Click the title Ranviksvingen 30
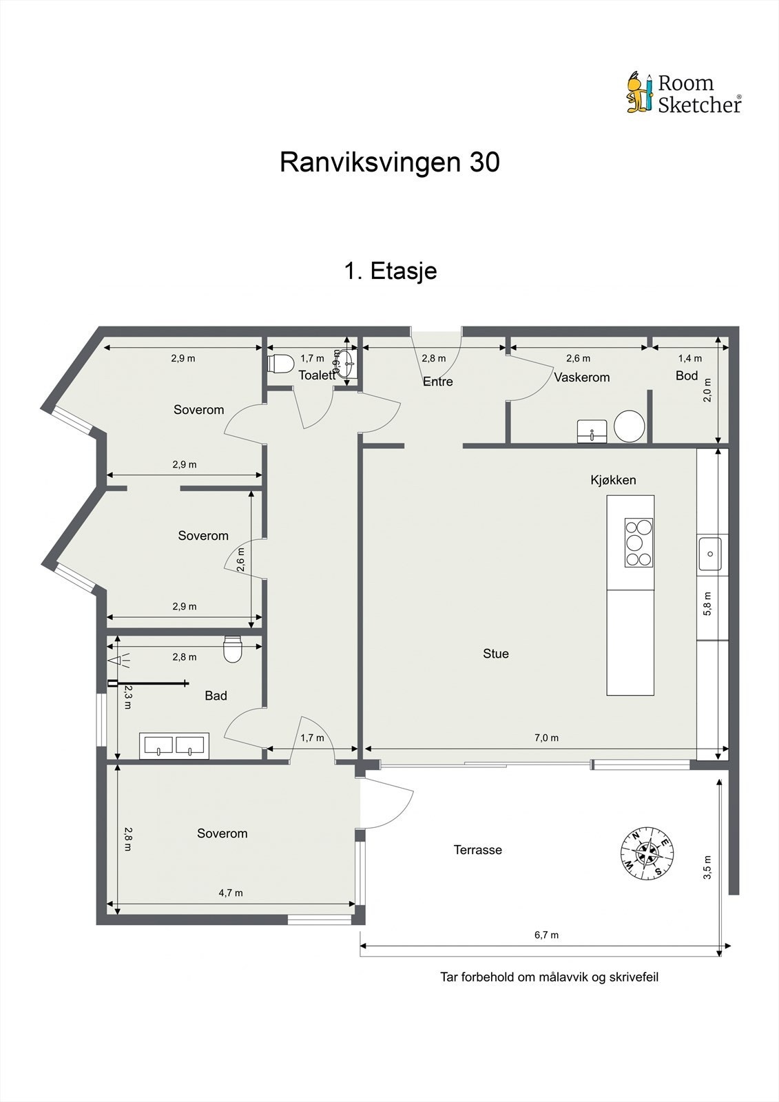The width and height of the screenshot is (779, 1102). coord(389,163)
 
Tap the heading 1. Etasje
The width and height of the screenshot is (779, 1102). coord(390,271)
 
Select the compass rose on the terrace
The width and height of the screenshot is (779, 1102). coord(647,853)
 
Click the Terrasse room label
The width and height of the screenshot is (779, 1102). coord(477,850)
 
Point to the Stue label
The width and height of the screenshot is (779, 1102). coord(495,654)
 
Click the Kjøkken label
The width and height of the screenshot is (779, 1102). coord(613,480)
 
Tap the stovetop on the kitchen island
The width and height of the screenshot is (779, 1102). coord(638,542)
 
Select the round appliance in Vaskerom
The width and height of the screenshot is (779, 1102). coord(628,426)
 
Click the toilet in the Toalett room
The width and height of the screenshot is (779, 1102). coord(281,362)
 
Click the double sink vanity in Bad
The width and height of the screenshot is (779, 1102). coord(174,746)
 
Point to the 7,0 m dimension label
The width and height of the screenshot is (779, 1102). coord(546,738)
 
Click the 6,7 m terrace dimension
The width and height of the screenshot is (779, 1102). coord(546,935)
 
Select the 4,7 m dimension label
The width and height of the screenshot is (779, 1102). coord(231,893)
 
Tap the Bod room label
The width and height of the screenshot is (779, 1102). coord(687,376)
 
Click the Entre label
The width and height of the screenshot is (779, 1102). coord(437,382)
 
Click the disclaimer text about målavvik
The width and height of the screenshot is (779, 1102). coord(549,977)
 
